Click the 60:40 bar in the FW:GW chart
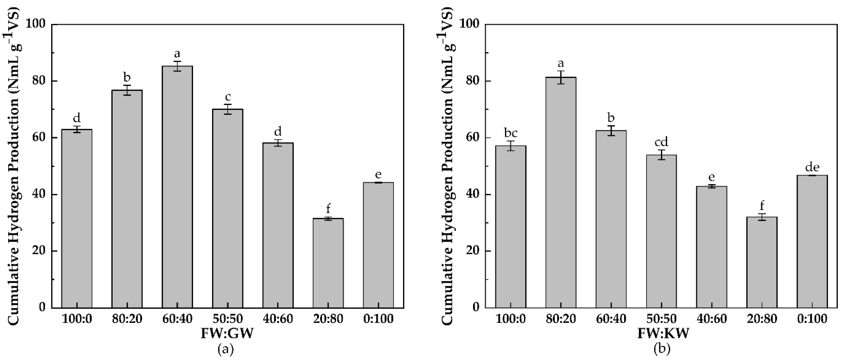(177, 187)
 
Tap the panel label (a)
(226, 349)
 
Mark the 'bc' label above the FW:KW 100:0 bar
(511, 133)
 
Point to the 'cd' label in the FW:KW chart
(661, 142)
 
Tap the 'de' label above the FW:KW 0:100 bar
(812, 168)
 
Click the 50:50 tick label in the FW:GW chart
(228, 319)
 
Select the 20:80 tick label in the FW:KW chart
(762, 319)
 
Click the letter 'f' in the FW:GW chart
(328, 208)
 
